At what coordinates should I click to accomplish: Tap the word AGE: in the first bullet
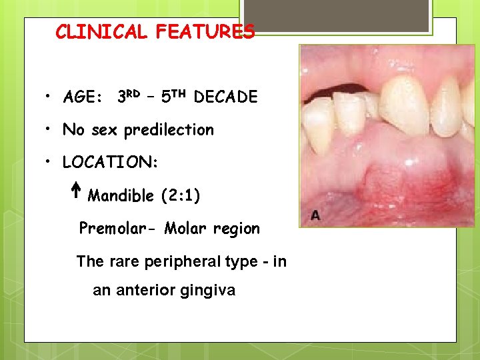point(82,97)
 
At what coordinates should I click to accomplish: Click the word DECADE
point(225,97)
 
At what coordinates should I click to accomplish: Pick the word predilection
point(169,130)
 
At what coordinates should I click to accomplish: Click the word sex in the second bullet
point(105,130)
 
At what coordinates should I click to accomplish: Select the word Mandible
point(121,196)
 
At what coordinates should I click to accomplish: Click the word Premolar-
point(116,229)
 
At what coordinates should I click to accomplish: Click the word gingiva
point(211,291)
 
